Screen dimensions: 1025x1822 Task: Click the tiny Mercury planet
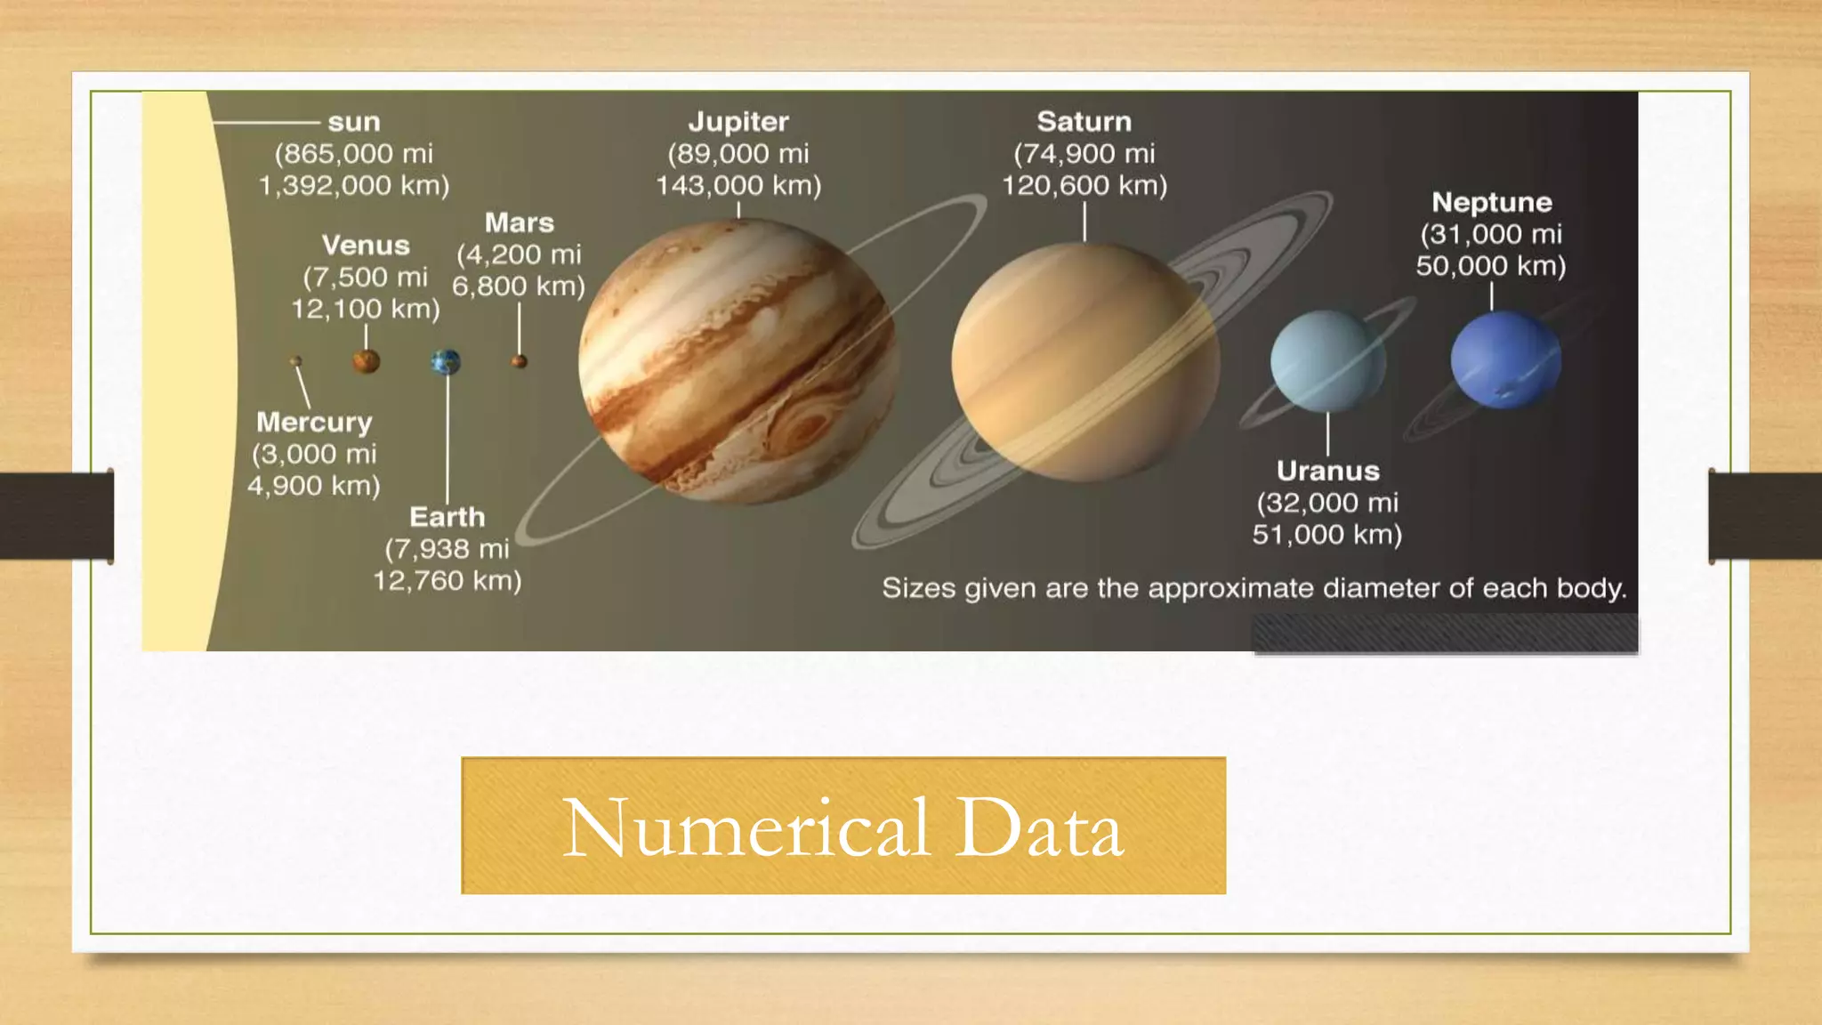[295, 361]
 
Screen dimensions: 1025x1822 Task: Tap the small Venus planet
[366, 361]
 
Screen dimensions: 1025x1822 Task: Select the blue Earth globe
[446, 362]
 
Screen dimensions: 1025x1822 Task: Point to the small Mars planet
[519, 361]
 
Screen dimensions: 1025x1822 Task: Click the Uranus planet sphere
[1327, 361]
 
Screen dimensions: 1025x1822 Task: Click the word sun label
[354, 122]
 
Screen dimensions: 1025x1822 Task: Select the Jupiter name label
[738, 122]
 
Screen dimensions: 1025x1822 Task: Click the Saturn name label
[1084, 122]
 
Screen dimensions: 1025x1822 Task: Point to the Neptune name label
[1491, 203]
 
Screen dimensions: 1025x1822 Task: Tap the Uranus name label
[1327, 471]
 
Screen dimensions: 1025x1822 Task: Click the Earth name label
[447, 517]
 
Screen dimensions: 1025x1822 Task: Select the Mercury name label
[314, 422]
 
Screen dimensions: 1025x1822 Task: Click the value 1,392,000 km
[353, 186]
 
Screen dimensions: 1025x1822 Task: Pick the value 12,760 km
[446, 581]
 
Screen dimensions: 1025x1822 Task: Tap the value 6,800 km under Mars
[518, 287]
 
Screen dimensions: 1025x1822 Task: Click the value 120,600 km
[1084, 186]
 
